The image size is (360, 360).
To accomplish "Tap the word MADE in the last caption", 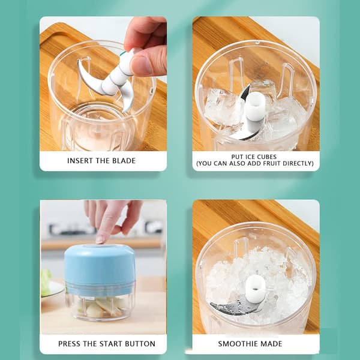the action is (271, 344).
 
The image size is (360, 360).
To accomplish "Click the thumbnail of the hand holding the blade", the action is (140, 65).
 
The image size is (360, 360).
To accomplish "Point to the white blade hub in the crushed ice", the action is (256, 289).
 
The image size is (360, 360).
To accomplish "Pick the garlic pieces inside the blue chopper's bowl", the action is (100, 307).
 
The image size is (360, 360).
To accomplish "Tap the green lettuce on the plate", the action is (46, 281).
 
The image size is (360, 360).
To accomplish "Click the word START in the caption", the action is (112, 344).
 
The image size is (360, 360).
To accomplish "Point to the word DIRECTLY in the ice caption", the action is (298, 163).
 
